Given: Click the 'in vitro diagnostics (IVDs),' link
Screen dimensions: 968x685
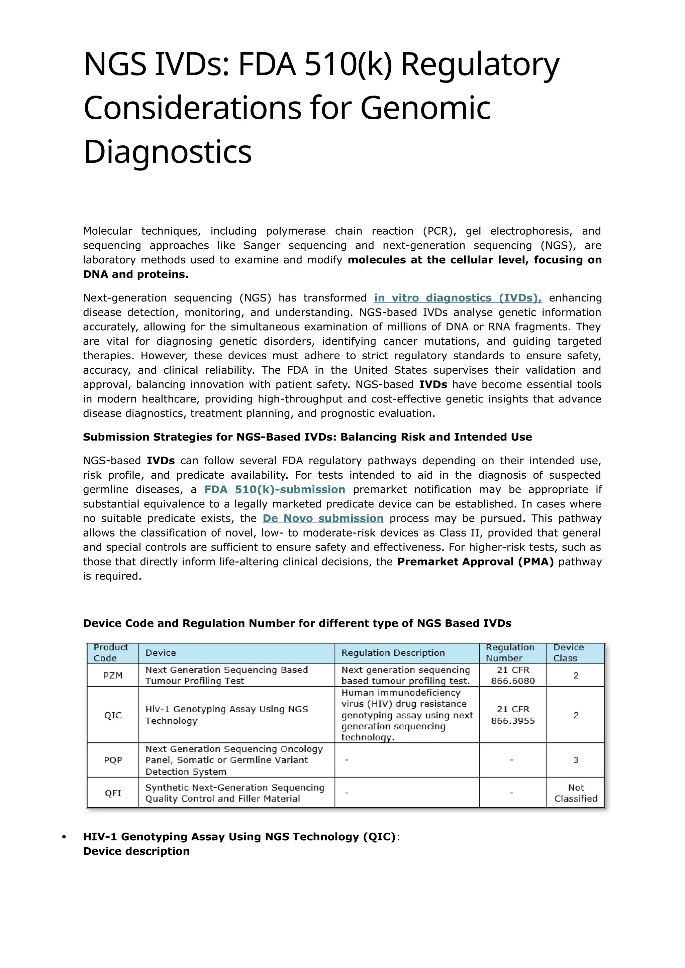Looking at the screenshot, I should point(458,298).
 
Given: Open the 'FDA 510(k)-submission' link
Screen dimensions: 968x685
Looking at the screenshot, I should point(275,489).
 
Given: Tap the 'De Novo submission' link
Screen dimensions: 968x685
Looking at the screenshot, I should point(323,518).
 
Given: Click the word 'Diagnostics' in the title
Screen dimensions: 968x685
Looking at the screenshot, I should point(168,152).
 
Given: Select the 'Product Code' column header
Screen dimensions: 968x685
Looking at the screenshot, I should point(111,653).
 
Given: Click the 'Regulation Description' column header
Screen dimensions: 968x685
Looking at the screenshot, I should point(393,653).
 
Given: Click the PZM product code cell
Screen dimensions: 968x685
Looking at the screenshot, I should point(113,676).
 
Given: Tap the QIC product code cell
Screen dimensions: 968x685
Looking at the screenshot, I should point(113,715).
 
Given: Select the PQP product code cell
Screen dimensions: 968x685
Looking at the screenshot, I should point(113,760).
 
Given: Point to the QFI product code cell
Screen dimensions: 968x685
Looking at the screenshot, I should point(113,793).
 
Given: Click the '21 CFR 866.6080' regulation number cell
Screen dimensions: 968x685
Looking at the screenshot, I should point(512,676).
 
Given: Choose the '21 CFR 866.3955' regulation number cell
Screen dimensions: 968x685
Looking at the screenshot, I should point(512,715).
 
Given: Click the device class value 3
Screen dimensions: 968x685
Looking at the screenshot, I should point(575,760).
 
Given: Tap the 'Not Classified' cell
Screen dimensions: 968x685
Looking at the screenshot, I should point(575,793).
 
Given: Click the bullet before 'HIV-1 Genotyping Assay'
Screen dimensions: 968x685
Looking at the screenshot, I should point(64,837).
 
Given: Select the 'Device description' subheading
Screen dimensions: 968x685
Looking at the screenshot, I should point(136,851).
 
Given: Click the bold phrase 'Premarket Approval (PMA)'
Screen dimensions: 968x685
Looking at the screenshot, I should point(475,562).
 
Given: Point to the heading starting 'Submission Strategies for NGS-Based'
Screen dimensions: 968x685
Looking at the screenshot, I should point(307,437).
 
